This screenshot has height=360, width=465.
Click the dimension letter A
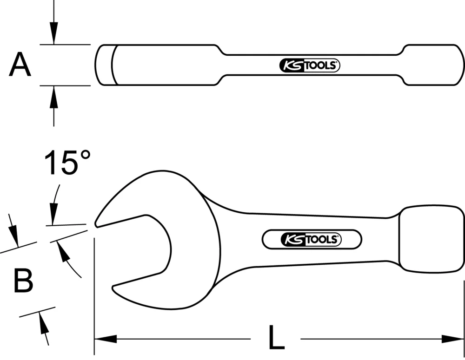click(20, 65)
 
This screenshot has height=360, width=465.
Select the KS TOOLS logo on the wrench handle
click(312, 240)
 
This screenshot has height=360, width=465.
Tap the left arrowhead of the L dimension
click(105, 339)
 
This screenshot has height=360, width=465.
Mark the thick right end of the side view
click(432, 65)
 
